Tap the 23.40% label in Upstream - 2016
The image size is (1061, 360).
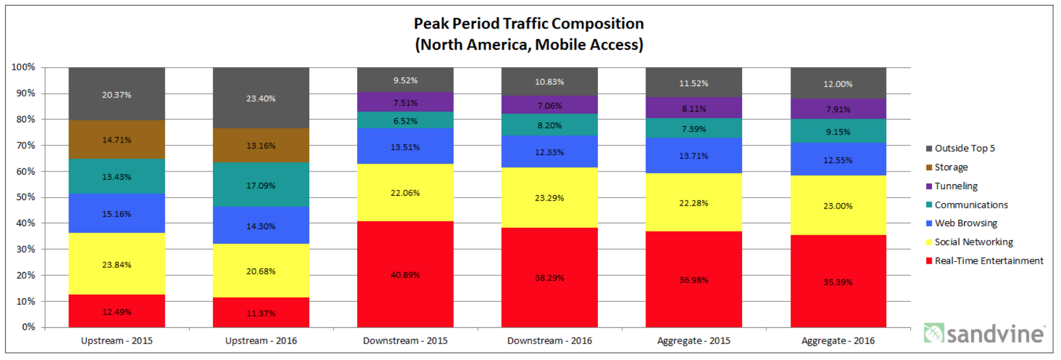pos(261,98)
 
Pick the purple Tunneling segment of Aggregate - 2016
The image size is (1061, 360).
pos(838,109)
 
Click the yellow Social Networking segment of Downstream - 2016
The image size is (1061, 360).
pos(549,198)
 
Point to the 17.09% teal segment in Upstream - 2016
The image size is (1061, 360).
pos(261,185)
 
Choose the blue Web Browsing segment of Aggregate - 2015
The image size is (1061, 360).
pos(694,156)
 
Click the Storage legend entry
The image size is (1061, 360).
pos(951,167)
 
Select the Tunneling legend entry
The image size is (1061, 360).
pos(956,186)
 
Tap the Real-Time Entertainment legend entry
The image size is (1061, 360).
pos(988,261)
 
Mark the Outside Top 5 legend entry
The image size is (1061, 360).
pos(964,148)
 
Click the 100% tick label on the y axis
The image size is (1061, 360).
pos(24,67)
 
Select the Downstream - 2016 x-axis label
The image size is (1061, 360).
pos(549,341)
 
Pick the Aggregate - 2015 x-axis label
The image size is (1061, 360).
pos(694,341)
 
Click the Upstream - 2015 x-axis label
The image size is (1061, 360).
pos(116,341)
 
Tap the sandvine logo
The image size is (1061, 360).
pos(983,333)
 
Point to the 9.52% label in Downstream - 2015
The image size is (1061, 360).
pos(405,80)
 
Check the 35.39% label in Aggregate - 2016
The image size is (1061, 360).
pos(838,282)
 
